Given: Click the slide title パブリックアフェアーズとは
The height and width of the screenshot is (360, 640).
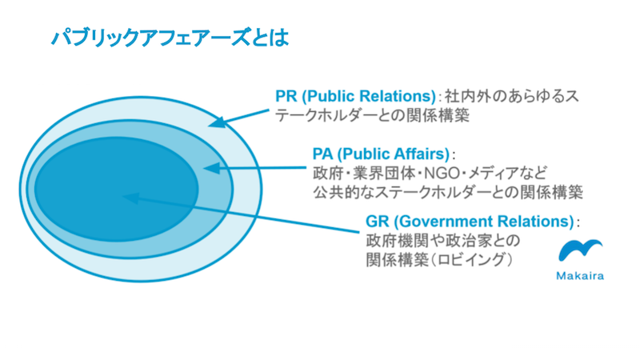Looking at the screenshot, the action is pos(170,38).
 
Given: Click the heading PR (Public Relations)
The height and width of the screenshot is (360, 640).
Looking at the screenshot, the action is pos(356,96).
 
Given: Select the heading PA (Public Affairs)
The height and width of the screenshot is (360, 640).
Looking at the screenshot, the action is pos(381,154).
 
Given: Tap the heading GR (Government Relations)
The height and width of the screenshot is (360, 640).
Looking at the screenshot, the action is pos(470,222).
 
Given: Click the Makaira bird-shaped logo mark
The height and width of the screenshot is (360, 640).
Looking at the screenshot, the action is pos(580,250).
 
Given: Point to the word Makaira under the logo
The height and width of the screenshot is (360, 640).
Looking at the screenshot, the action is pos(580,276).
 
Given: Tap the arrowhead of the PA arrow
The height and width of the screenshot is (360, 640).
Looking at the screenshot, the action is pos(211,168).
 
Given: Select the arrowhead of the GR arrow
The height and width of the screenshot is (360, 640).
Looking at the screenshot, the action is pos(131,198).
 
